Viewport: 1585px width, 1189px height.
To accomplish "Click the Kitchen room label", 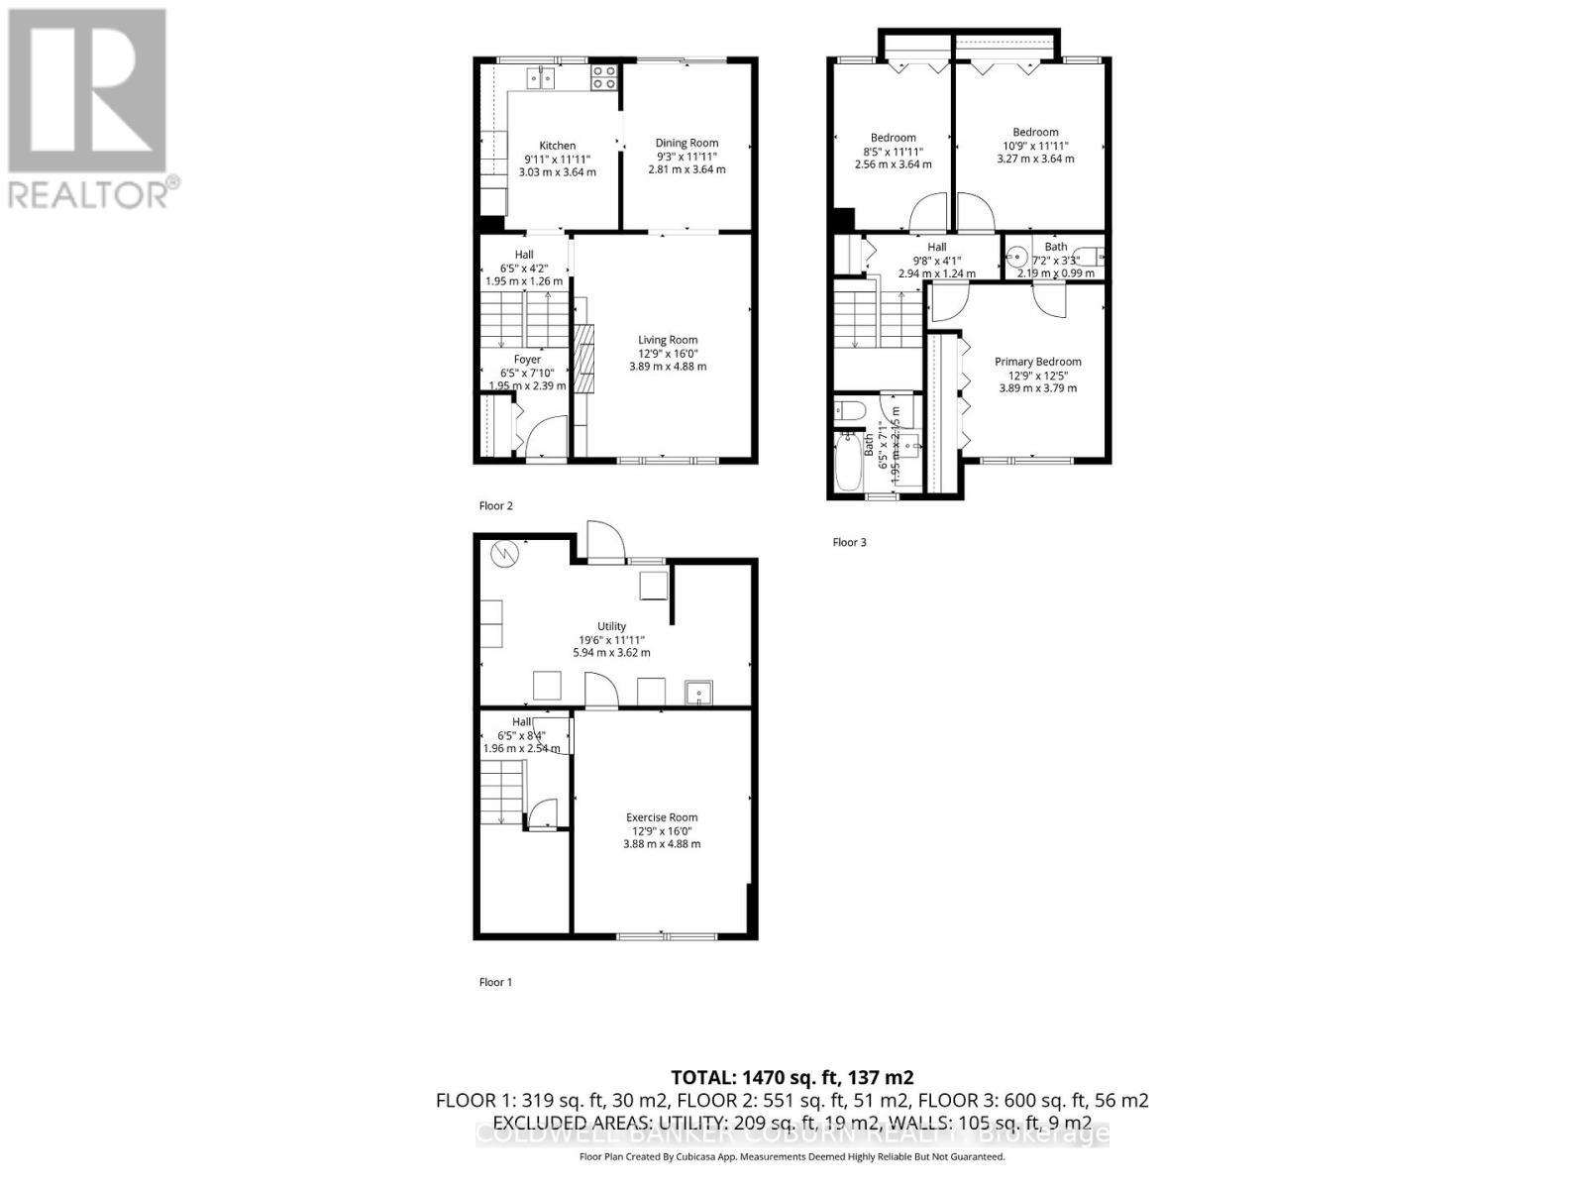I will point(557,146).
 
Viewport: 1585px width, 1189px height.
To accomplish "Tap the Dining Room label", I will point(687,143).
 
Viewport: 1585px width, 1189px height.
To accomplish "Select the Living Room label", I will point(668,340).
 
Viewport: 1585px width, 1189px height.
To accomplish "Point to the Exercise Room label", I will point(662,817).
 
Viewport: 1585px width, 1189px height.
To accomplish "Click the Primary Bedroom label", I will point(1037,362).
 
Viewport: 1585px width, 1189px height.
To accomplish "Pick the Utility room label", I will point(611,626).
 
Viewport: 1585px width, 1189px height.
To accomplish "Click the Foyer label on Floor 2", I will point(527,360).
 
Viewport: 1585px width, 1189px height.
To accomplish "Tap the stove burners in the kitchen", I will point(603,77).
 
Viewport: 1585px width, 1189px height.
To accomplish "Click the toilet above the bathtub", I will point(850,410).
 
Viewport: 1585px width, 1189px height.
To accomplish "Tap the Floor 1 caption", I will point(495,982).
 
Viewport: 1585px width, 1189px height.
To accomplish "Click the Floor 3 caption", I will point(849,542).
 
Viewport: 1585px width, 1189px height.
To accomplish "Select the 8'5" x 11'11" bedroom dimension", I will point(893,152).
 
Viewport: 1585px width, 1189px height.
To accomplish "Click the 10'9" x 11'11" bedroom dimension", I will point(1035,146).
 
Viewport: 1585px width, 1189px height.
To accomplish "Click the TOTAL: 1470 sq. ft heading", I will point(792,1077).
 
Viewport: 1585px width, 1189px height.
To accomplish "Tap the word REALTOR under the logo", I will point(89,193).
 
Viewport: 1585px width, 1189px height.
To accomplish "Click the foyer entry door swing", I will point(547,436).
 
